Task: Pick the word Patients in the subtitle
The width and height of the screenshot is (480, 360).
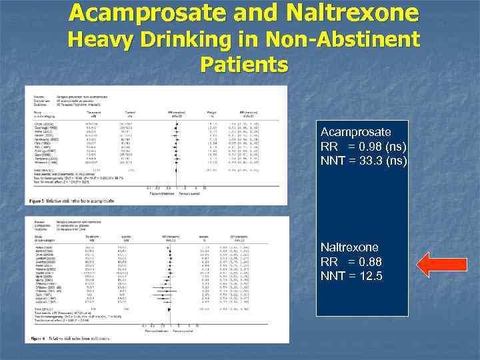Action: pyautogui.click(x=243, y=65)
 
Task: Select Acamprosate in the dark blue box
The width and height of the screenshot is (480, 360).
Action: pyautogui.click(x=355, y=132)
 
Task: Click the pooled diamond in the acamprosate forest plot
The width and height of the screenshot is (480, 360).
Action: pyautogui.click(x=175, y=171)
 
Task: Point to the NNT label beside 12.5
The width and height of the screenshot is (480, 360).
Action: pyautogui.click(x=333, y=275)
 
